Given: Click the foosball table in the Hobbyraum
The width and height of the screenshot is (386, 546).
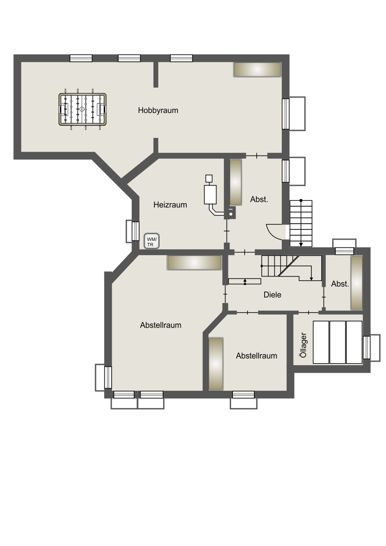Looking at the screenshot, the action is point(82,109).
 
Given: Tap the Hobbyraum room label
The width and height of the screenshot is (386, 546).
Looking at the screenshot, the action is point(158,111).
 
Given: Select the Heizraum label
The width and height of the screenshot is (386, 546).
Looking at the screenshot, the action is point(170,205).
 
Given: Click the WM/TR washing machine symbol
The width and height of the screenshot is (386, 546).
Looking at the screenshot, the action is point(152,241).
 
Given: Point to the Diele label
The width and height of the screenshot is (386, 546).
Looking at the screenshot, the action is point(272,295).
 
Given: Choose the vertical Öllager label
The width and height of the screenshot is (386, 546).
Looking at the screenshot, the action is point(303,345).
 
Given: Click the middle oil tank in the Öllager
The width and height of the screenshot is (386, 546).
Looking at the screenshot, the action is point(337,342).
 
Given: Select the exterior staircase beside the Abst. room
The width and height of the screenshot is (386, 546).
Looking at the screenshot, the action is point(301,223).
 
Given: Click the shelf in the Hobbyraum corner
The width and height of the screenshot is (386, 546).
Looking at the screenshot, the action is point(257,70).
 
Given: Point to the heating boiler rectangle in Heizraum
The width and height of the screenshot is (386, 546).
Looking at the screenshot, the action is point(210,195).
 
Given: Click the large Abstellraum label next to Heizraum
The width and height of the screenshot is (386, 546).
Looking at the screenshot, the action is point(160,325).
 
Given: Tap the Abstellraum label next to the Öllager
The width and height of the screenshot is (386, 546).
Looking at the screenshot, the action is point(257,356).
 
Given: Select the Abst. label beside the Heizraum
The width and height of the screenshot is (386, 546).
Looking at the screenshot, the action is point(259,199).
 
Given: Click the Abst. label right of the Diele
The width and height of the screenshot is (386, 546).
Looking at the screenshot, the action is point(340,284).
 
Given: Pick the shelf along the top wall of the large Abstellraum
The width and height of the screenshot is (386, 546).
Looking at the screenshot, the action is point(194,263).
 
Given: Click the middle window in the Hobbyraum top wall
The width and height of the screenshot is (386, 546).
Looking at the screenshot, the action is point(129,58).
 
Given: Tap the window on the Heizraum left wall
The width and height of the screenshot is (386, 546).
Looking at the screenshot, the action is point(135,231).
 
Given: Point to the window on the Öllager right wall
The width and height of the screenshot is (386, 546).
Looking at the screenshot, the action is point(366,347).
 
